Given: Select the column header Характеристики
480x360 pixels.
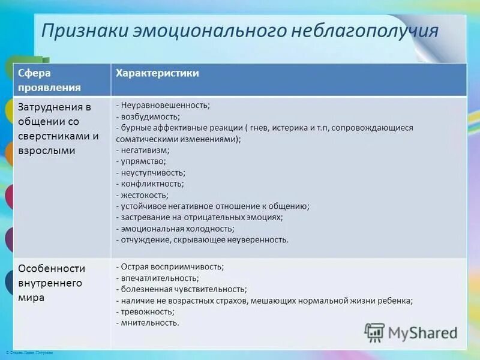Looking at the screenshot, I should [x=158, y=73].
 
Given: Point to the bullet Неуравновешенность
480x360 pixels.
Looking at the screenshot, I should [x=164, y=105].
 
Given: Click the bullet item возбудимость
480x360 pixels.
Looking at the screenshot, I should [x=150, y=116].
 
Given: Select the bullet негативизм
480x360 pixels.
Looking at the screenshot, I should [x=145, y=150].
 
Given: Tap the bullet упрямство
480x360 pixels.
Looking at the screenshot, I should [x=143, y=161].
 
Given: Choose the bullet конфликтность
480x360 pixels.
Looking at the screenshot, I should [x=152, y=184].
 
